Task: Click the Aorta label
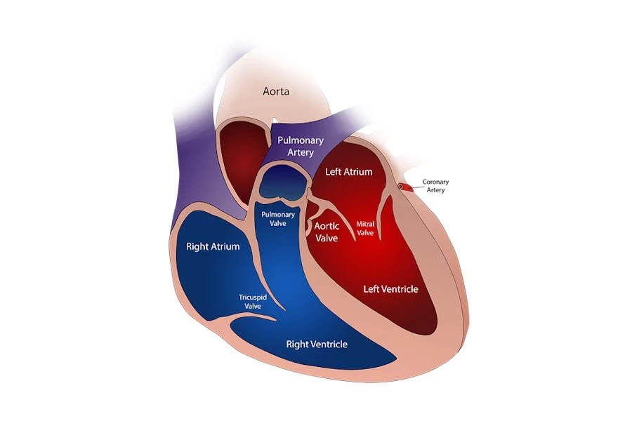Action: coord(277,91)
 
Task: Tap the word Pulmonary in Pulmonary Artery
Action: coord(300,140)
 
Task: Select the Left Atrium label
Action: coord(348,171)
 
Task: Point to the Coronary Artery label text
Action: coord(435,186)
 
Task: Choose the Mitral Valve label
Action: coord(365,228)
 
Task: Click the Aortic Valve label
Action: coord(327,232)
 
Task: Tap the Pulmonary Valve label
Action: coord(278,218)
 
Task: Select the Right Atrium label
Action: coord(213,246)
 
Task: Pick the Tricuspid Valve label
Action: coord(252,301)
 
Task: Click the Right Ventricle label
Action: coord(317,345)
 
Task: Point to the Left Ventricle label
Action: coord(390,289)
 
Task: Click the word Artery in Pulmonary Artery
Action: coord(301,152)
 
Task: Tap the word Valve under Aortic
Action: coord(327,239)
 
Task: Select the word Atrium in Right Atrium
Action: coord(226,246)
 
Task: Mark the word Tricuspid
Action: coord(252,297)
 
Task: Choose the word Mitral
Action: coord(365,224)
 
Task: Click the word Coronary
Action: coord(435,182)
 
